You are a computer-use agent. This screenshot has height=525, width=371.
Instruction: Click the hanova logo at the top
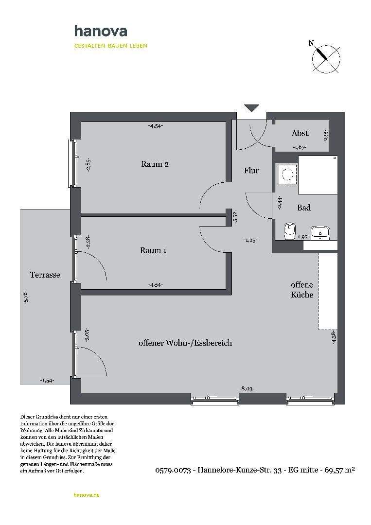click(x=101, y=31)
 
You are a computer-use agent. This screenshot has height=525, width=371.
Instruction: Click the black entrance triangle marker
click(x=251, y=108)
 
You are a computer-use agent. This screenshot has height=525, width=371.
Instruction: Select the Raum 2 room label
click(x=155, y=164)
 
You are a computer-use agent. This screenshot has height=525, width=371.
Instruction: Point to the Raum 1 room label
click(x=153, y=250)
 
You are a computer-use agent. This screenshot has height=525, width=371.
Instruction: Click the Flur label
click(x=251, y=171)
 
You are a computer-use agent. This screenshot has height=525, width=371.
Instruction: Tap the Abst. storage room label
click(x=300, y=133)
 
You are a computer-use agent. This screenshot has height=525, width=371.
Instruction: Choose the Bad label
click(x=304, y=208)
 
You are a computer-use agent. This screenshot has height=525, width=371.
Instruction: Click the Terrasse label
click(x=45, y=275)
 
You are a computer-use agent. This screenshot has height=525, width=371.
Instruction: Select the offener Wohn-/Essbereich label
click(x=185, y=343)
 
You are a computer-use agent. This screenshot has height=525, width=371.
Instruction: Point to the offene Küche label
click(x=302, y=290)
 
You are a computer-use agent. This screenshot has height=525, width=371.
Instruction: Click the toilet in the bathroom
click(x=289, y=229)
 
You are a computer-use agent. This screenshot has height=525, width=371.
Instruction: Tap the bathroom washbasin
click(x=320, y=233)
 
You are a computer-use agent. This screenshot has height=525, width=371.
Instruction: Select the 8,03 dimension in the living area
click(x=247, y=388)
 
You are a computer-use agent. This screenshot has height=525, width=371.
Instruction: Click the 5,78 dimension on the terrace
click(x=26, y=297)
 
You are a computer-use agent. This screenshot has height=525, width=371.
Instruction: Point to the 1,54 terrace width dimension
click(x=47, y=381)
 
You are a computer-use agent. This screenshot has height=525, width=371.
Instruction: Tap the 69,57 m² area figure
click(x=340, y=470)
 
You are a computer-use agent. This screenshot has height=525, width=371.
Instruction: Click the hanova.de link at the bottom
click(x=87, y=495)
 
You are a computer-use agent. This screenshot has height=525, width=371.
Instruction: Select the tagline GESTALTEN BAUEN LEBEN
click(x=110, y=46)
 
